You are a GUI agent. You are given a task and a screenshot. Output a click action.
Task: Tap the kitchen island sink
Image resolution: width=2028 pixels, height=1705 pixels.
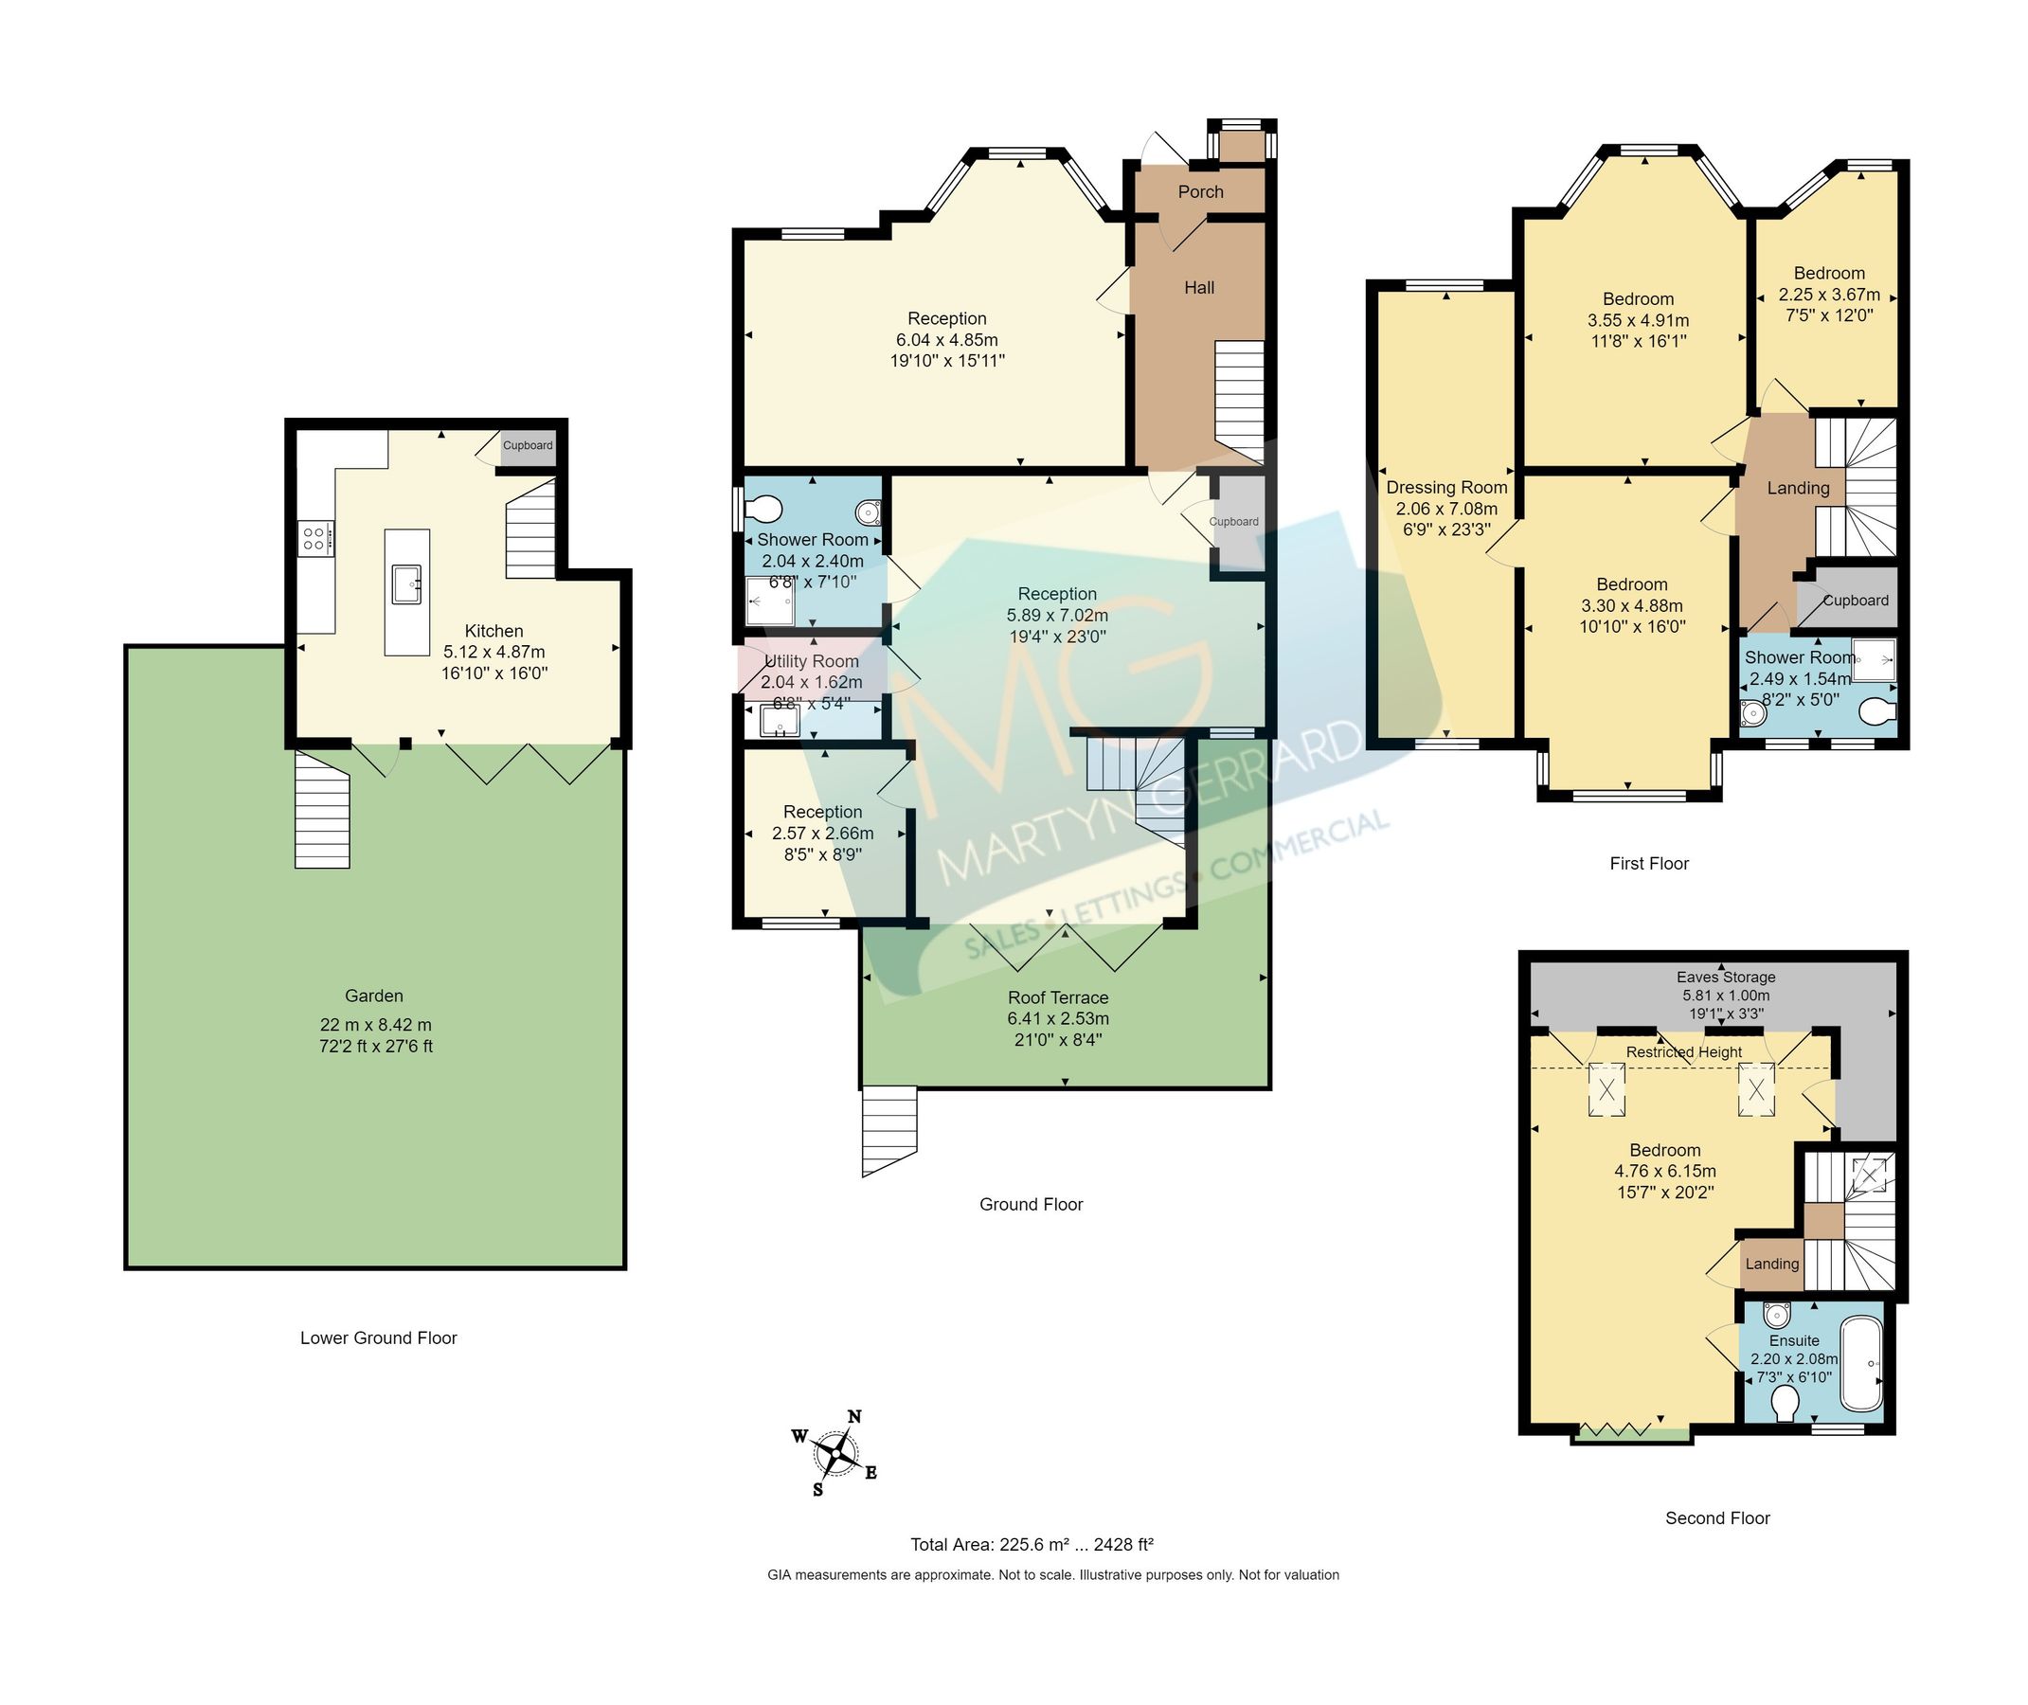tap(406, 583)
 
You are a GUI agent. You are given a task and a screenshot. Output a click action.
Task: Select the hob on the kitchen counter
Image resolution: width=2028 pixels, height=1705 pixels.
tap(314, 537)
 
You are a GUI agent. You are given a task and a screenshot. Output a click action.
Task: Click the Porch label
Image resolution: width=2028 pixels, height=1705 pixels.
tap(1199, 191)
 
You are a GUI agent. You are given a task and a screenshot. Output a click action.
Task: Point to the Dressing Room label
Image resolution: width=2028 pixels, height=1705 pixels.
tap(1446, 488)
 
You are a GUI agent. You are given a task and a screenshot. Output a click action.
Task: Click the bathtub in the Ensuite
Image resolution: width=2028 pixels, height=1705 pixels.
tap(1860, 1364)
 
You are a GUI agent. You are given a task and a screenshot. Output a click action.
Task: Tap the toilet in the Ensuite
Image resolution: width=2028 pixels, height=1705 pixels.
tap(1785, 1404)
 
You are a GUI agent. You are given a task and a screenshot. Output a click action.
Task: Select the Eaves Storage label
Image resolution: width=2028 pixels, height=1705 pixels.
tap(1726, 978)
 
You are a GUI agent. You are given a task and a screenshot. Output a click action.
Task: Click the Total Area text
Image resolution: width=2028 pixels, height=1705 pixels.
tap(1032, 1545)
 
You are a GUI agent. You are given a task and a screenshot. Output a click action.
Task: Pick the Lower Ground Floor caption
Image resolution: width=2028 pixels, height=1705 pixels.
tap(378, 1337)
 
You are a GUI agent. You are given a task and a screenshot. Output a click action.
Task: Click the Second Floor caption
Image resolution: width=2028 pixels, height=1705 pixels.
tap(1716, 1517)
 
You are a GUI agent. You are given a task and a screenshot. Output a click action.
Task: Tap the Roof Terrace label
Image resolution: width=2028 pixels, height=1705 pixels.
tap(1057, 997)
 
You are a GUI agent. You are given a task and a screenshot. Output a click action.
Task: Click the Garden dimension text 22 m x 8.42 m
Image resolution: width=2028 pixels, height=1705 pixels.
tap(375, 1025)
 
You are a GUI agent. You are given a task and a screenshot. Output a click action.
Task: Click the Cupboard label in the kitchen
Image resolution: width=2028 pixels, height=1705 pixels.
tap(527, 445)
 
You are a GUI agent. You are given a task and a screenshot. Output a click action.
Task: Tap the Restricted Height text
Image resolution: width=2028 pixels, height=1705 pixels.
tap(1683, 1051)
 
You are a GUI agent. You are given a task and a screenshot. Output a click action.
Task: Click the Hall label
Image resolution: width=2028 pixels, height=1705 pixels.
tap(1198, 287)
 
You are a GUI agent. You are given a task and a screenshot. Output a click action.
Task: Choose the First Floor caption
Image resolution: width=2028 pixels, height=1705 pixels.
tap(1648, 863)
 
